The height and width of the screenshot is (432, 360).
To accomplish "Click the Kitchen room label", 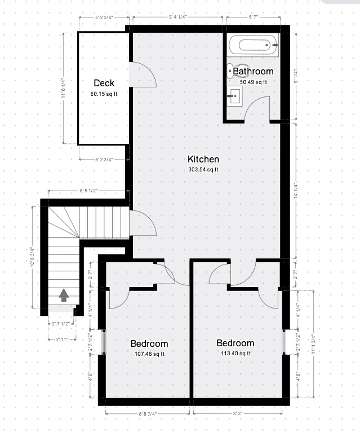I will [203, 159].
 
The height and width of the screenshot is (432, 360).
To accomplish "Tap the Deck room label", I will [104, 83].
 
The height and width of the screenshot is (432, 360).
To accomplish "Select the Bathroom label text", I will [253, 72].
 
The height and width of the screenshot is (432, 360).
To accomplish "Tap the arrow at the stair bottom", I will [64, 295].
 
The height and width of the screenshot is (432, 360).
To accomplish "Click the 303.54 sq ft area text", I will [203, 170].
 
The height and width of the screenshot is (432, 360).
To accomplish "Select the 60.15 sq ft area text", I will [104, 94].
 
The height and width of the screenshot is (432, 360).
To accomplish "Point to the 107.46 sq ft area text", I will [149, 354].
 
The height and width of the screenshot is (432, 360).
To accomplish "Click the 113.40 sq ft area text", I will [235, 354].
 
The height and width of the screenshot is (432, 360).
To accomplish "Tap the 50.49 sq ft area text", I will [254, 82].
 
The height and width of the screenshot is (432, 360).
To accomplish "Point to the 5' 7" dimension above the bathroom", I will [254, 17].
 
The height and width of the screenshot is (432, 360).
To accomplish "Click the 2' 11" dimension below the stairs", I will [62, 339].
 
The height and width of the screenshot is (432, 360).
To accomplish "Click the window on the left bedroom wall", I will [102, 342].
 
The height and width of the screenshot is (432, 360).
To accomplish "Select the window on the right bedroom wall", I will [285, 342].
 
